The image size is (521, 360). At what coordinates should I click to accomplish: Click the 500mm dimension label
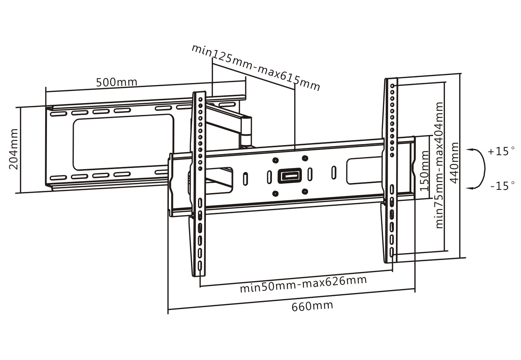(117, 82)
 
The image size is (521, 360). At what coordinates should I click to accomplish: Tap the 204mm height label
(14, 149)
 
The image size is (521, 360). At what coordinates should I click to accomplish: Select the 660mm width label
(312, 306)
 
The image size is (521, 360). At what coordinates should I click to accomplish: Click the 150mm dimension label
(424, 171)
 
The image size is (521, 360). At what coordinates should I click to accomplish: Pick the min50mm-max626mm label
(303, 285)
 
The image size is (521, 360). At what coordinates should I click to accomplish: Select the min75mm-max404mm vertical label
(439, 165)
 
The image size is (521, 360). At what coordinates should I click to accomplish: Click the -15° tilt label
(502, 186)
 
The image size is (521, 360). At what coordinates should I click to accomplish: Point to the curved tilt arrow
(481, 169)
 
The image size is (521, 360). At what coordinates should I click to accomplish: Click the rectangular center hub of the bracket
(289, 176)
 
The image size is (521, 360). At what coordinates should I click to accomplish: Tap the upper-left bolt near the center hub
(275, 160)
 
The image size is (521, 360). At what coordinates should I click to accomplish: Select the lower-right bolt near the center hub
(305, 191)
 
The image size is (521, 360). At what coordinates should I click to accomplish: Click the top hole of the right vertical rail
(392, 85)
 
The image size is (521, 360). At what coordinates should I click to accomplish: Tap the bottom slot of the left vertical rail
(200, 265)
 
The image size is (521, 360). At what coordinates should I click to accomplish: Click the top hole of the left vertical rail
(200, 99)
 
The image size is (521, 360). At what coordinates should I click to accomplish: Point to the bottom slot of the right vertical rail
(392, 252)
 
